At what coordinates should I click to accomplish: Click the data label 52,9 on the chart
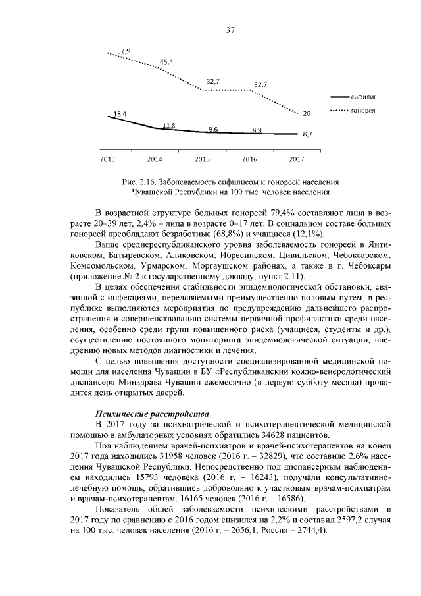124,51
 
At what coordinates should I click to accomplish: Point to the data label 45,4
166,62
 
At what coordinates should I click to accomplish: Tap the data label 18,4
120,114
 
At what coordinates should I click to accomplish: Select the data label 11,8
168,125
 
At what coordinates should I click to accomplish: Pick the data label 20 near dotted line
307,113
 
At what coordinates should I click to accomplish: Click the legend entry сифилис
363,97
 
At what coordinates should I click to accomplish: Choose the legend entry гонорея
363,110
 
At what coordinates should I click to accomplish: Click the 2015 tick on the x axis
202,159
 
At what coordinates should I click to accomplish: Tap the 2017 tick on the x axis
297,159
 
